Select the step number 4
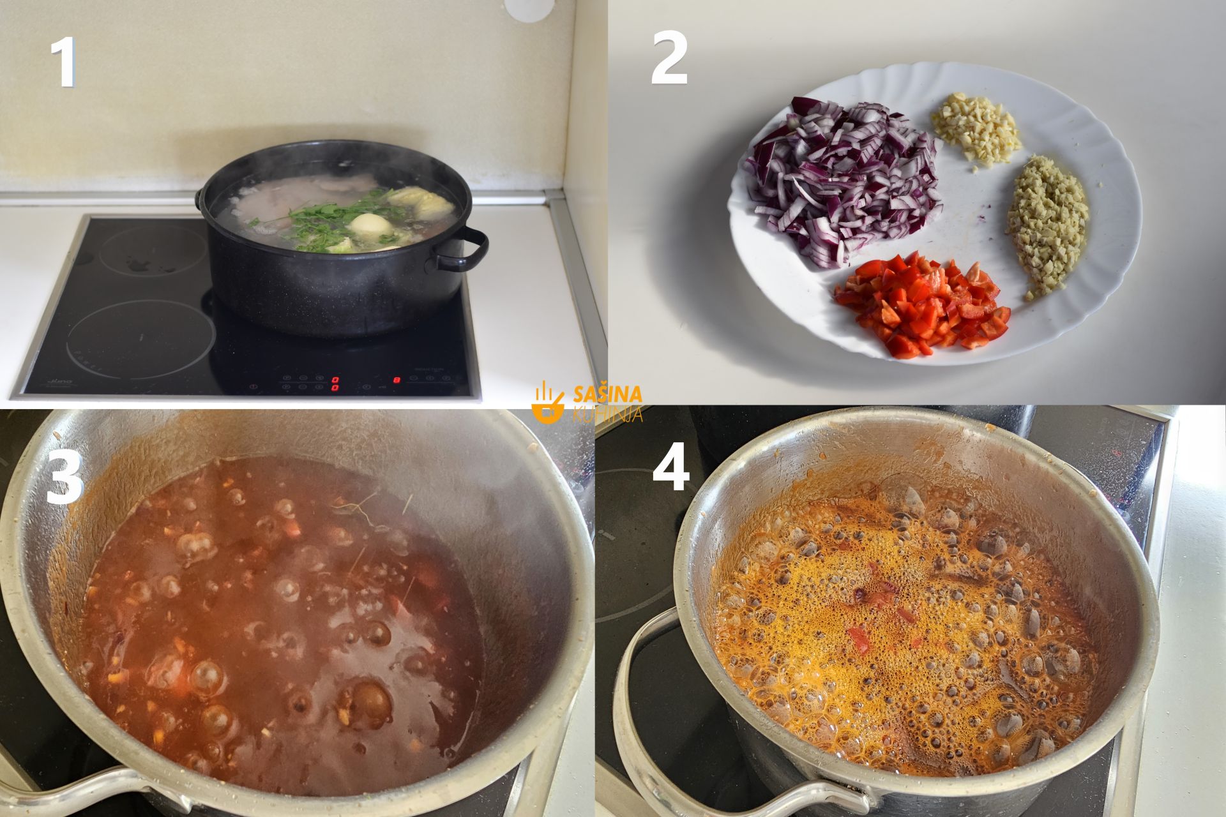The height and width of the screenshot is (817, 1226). coord(670,470)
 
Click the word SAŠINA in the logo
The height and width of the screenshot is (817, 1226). coord(608,394)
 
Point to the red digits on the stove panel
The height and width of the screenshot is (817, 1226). coord(335,383)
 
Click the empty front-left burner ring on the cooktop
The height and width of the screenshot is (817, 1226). coord(141,339)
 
